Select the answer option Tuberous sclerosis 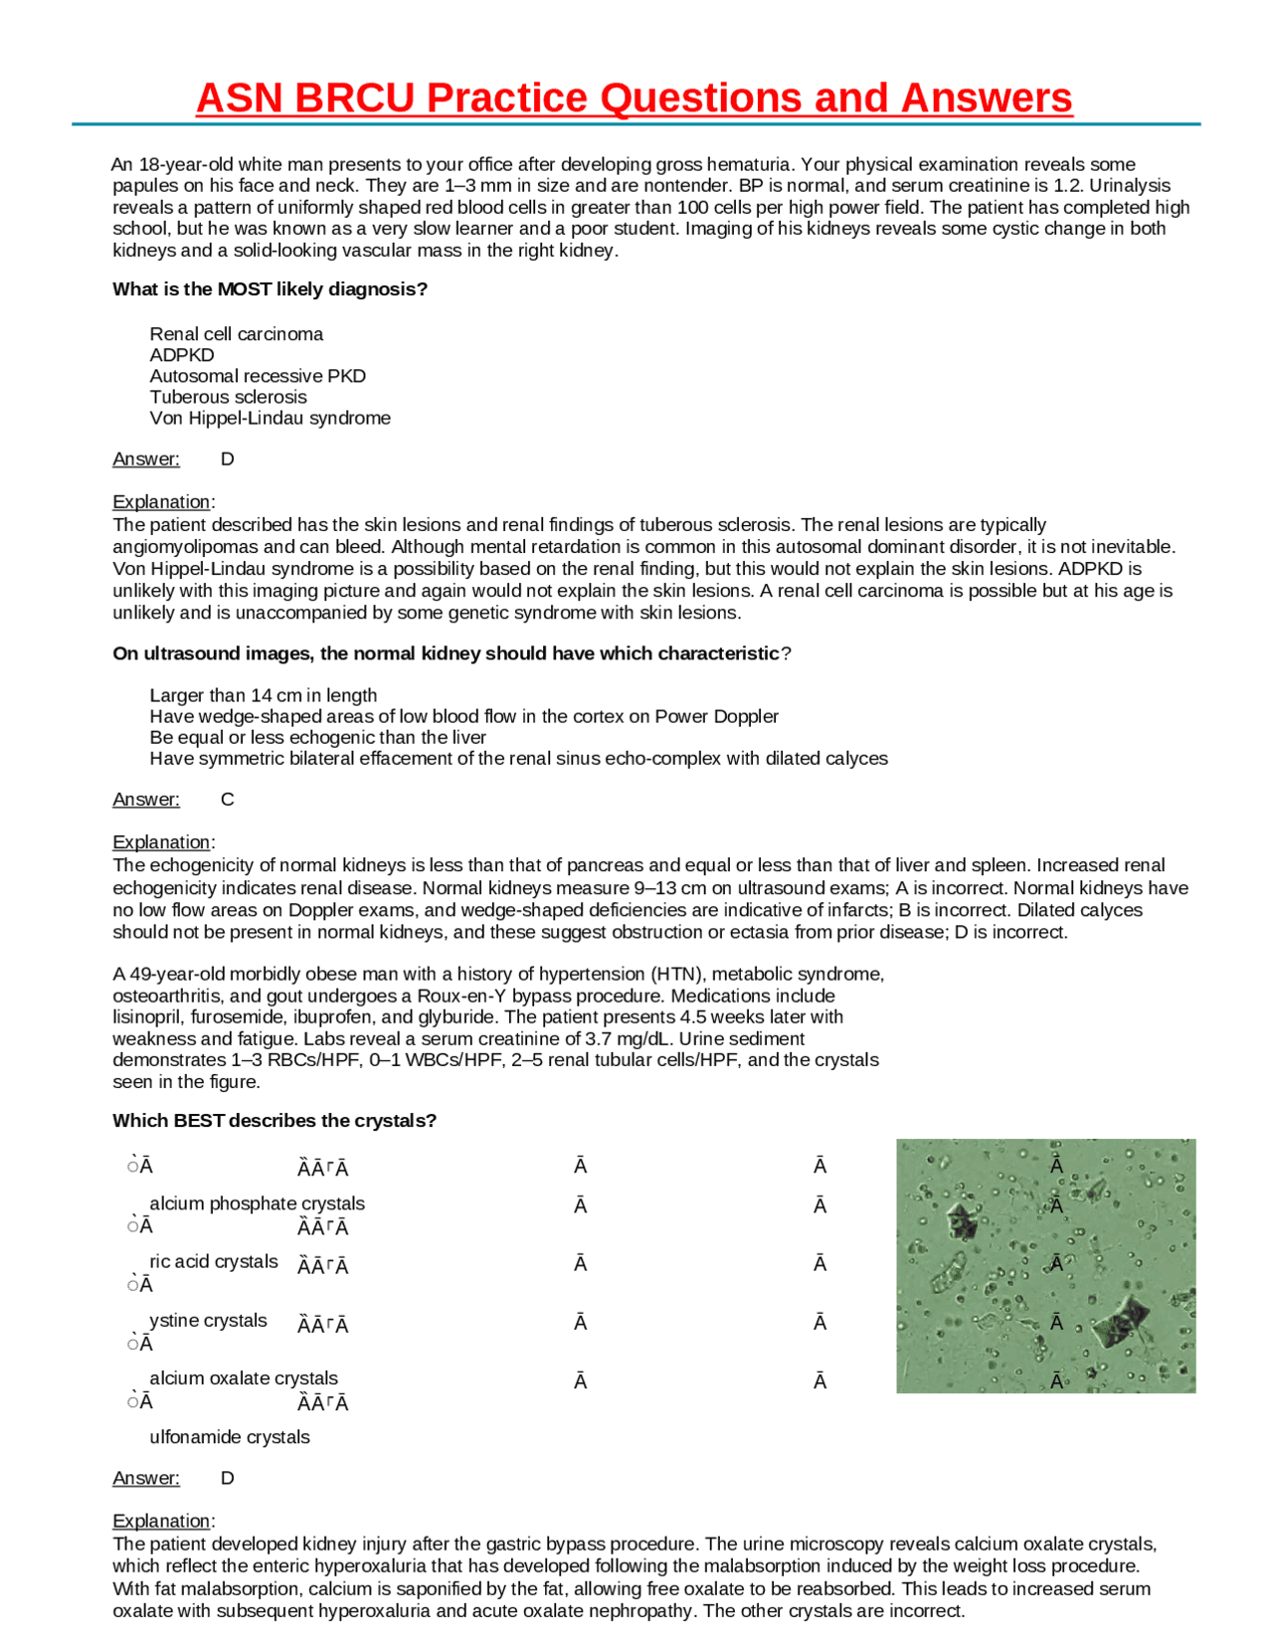tap(228, 397)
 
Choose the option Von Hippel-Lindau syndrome tap(270, 418)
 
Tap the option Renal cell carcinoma tap(236, 334)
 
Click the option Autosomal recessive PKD tap(258, 376)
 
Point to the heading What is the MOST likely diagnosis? tap(270, 289)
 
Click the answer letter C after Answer tap(227, 800)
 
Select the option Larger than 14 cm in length tap(263, 695)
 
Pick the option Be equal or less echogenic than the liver tap(317, 737)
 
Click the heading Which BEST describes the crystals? tap(274, 1121)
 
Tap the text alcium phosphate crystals tap(257, 1203)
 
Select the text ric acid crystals tap(213, 1261)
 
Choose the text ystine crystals tap(208, 1320)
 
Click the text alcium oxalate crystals tap(244, 1378)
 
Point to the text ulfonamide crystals tap(230, 1437)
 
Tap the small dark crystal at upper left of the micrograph tap(962, 1219)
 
